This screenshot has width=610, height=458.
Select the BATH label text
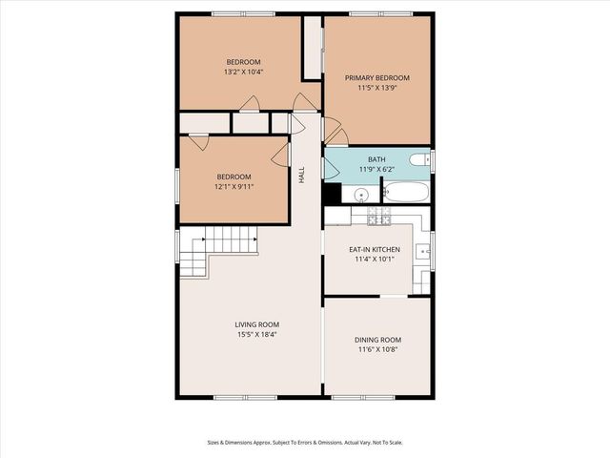[x=377, y=159]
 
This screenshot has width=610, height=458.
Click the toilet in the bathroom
[x=419, y=160]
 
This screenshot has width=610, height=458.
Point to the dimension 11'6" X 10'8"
[x=377, y=350]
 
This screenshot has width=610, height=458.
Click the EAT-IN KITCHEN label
[x=374, y=249]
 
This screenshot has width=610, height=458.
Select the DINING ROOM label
[x=377, y=340]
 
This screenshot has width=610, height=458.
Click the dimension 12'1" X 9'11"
[x=234, y=187]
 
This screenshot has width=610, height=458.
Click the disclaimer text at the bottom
[x=304, y=442]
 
